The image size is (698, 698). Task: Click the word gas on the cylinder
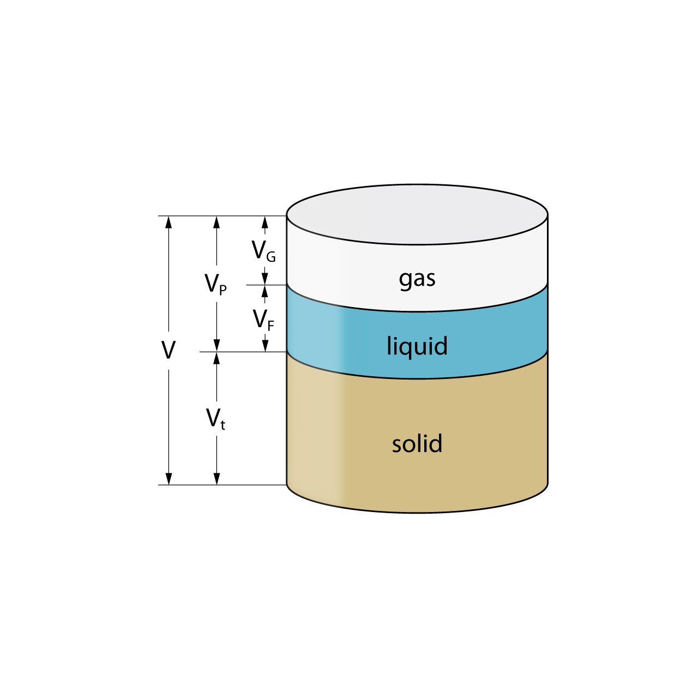pos(417,279)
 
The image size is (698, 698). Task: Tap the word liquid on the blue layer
pos(417,346)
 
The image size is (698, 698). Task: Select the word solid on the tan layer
pos(417,444)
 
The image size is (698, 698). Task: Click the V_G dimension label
pos(263,251)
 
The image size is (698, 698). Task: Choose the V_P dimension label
pos(215,284)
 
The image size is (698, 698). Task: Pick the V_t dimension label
pos(215,419)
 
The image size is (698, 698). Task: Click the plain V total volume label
pos(169,350)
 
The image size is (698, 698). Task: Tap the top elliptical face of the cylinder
pos(417,214)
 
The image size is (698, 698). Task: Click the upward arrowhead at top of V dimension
pos(169,222)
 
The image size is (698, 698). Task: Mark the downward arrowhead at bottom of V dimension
pos(169,478)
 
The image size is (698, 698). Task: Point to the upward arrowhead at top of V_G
pos(266,222)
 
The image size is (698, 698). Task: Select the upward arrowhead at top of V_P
pos(216,222)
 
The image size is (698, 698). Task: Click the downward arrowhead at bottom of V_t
pos(216,478)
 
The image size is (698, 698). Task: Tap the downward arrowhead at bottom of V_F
pos(266,346)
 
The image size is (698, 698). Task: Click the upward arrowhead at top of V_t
pos(216,358)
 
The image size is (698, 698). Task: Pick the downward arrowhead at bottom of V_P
pos(216,346)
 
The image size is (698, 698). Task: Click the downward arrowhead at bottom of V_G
pos(266,279)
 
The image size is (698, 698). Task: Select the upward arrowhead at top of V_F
pos(266,291)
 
